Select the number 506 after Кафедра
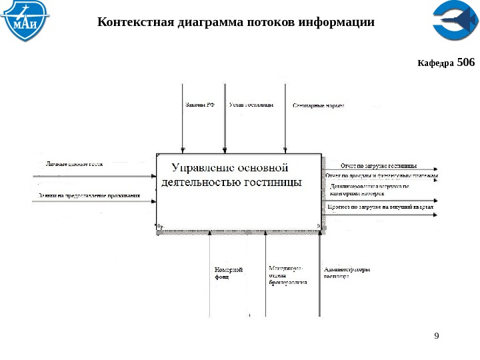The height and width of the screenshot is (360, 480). tap(467, 63)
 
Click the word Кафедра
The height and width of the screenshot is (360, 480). tap(435, 64)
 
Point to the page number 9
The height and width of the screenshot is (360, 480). tap(437, 335)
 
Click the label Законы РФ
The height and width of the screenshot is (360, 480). tap(199, 105)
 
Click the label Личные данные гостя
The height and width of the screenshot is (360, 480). tap(74, 163)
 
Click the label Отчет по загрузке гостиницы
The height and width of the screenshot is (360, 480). tap(379, 165)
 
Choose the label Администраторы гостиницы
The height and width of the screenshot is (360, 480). tap(347, 273)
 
